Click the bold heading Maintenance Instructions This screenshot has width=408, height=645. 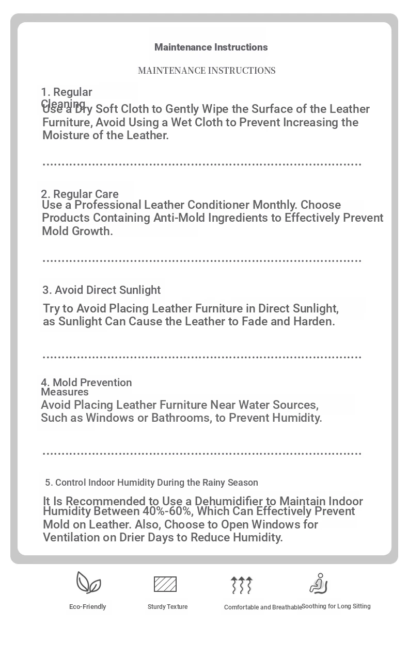pyautogui.click(x=211, y=47)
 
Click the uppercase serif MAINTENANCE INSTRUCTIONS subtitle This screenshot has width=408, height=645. pyautogui.click(x=207, y=71)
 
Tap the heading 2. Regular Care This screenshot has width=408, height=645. pyautogui.click(x=80, y=194)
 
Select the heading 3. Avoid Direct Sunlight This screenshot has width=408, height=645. pyautogui.click(x=101, y=290)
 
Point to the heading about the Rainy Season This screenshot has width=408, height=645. pyautogui.click(x=151, y=483)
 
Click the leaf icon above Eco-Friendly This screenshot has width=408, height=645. pyautogui.click(x=88, y=583)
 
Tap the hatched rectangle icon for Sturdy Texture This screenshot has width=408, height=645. pyautogui.click(x=165, y=584)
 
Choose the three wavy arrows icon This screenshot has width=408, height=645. pyautogui.click(x=241, y=585)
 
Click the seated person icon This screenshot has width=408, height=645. pyautogui.click(x=319, y=584)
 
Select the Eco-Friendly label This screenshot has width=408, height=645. pyautogui.click(x=87, y=607)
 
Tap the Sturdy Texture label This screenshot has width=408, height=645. pyautogui.click(x=167, y=607)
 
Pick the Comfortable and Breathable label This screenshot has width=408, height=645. pyautogui.click(x=263, y=607)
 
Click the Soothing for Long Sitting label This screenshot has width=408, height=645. pyautogui.click(x=336, y=606)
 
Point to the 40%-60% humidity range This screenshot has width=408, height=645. pyautogui.click(x=168, y=511)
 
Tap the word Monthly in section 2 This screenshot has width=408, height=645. pyautogui.click(x=276, y=205)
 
